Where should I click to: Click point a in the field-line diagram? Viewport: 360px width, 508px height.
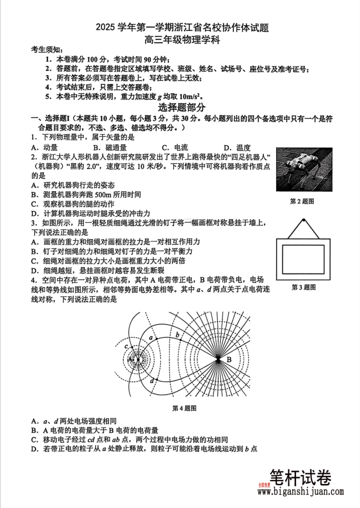point(151,338)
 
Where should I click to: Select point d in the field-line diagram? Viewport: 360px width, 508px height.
point(152,380)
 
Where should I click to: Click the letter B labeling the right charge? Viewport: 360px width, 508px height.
point(229,360)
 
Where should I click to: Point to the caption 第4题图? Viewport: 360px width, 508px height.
point(184,408)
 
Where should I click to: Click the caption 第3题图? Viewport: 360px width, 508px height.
point(303,287)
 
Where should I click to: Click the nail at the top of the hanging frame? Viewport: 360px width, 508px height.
point(303,220)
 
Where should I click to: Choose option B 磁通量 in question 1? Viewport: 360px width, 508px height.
point(112,147)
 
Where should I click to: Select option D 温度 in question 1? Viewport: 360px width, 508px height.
point(237,147)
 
